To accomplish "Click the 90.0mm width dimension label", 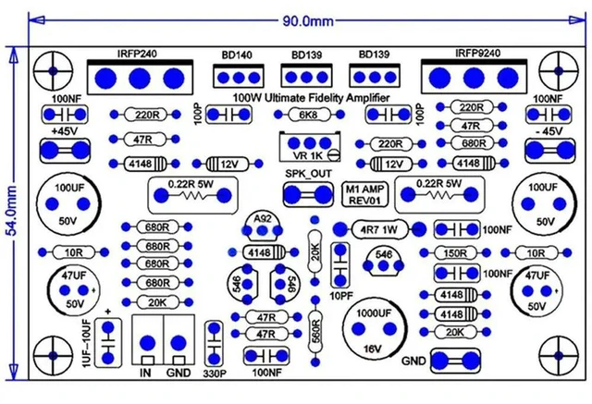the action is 308,21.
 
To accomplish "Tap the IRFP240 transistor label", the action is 137,54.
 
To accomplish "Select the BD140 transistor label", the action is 237,55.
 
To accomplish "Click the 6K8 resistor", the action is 309,115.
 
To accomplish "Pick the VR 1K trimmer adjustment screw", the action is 334,154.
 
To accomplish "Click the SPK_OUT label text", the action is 308,174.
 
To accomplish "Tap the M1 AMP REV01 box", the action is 364,195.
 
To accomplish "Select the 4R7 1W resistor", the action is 379,229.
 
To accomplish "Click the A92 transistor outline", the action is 263,226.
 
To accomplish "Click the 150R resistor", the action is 455,252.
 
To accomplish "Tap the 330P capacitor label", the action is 215,373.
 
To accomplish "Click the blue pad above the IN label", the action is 147,343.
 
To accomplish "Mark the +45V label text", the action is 65,131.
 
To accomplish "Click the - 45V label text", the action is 549,131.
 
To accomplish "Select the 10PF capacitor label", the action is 341,296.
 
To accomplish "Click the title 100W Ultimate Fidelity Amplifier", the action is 311,98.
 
